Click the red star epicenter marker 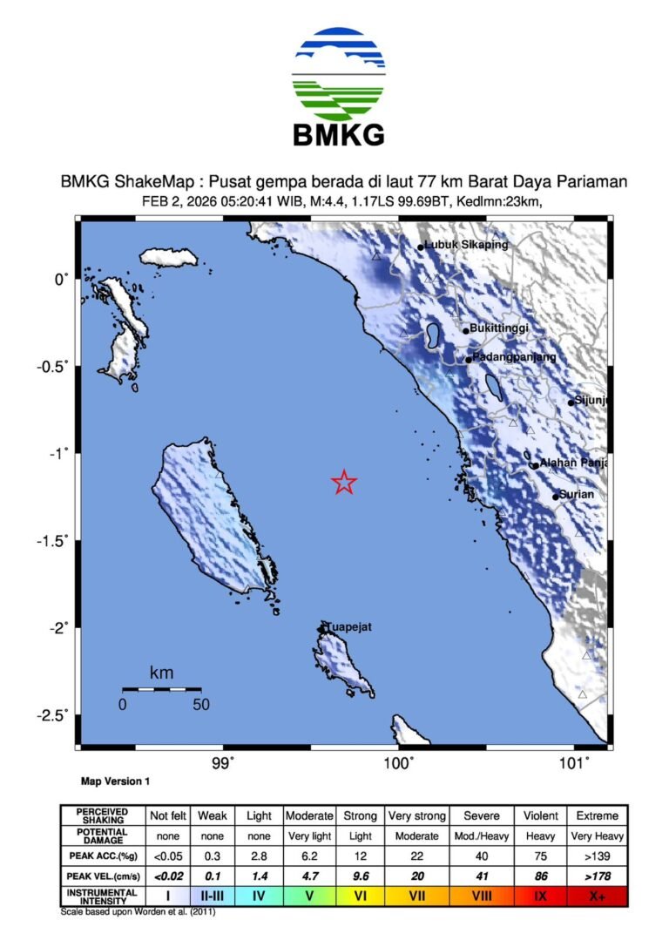345,482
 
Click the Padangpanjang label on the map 514,357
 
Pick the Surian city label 576,494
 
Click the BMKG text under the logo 339,135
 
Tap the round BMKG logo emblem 339,73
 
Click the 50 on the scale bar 201,705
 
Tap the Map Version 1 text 115,782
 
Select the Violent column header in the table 540,816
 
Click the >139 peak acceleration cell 597,856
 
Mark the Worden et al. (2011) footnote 138,912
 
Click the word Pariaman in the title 595,181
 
